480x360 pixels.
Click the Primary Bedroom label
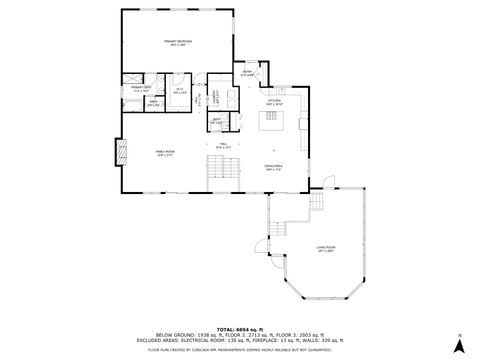pos(181,43)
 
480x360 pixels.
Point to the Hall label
pos(223,147)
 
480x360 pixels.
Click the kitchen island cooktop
pos(270,120)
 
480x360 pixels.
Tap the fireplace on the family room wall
pos(122,152)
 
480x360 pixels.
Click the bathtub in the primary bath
pos(131,101)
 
